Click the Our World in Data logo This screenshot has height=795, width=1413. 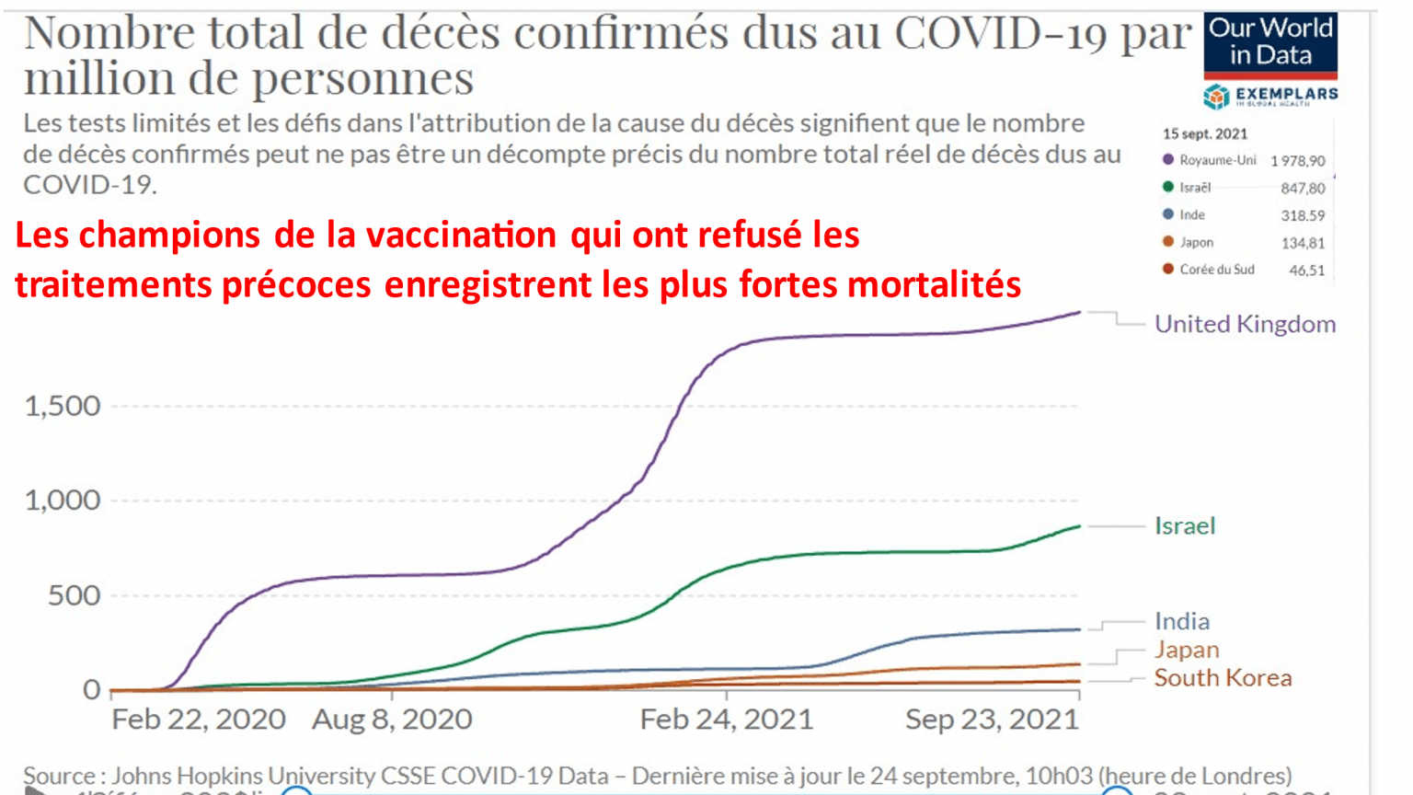coord(1269,43)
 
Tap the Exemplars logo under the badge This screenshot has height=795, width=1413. coord(1270,96)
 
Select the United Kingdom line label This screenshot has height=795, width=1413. coord(1245,324)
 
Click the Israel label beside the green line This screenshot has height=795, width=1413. coord(1185,525)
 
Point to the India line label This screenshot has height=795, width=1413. coord(1182,621)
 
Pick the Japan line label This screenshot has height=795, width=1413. coord(1187,650)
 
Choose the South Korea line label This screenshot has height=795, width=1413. coord(1223,678)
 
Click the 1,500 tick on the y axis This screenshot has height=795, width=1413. coord(63,406)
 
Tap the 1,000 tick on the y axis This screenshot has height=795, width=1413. coord(63,501)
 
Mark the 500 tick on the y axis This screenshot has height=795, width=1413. coord(74,595)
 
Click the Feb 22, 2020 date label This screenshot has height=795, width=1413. coord(199,719)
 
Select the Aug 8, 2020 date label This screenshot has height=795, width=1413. coord(392,719)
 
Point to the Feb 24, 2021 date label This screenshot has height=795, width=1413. coord(727,719)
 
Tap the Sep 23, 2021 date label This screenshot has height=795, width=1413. coord(992,719)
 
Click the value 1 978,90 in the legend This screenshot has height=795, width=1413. coord(1297,161)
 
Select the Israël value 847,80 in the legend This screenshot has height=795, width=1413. coord(1303,189)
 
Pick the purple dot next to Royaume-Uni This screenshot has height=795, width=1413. coord(1168,160)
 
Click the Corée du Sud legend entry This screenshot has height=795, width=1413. coord(1216,270)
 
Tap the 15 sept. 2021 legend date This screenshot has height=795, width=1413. coord(1204,134)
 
